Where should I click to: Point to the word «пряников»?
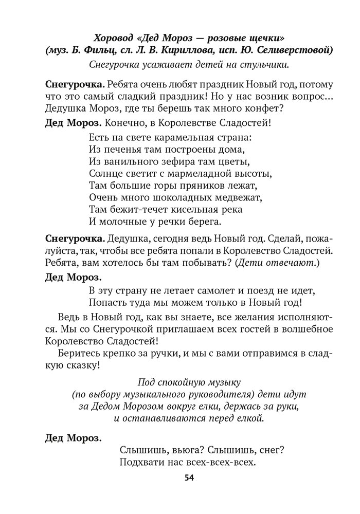(x=203, y=186)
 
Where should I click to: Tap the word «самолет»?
(x=223, y=291)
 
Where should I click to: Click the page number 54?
(x=188, y=478)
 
